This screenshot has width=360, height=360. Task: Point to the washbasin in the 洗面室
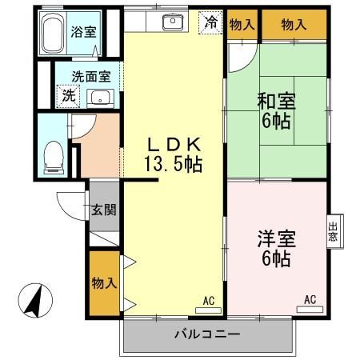point(100,98)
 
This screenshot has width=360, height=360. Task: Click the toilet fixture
point(54,154)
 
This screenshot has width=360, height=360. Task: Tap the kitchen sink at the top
point(173,22)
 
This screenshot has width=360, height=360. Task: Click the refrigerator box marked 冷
point(210,23)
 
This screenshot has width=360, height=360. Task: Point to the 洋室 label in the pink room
point(274,239)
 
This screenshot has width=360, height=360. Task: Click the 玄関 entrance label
point(102,210)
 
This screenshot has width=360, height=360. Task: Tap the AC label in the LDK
point(209,301)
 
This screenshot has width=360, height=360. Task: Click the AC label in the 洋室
point(310,300)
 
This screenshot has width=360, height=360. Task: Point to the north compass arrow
point(34,301)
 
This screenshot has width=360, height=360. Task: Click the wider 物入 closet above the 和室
point(294,25)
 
